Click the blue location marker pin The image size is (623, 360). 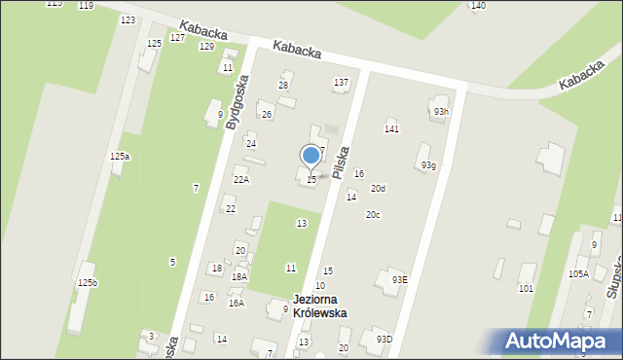point(311,156)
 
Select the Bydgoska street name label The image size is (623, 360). point(234,105)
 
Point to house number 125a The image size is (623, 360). point(120,156)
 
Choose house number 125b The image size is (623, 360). point(88,282)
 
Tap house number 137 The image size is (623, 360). point(341,83)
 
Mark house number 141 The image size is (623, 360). point(391,128)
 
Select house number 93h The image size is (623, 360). point(442,111)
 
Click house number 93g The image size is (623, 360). point(428,165)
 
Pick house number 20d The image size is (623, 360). point(378,188)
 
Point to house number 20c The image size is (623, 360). point(373,214)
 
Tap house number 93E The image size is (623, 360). point(399,279)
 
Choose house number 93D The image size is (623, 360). point(385,339)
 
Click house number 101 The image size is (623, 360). point(526,288)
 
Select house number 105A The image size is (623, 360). point(578,274)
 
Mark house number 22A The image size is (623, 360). point(240,179)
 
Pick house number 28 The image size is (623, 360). point(283,86)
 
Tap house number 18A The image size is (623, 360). point(238,276)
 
